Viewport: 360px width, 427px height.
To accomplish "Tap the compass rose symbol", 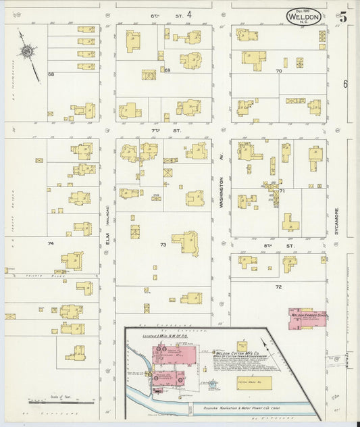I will pyautogui.click(x=27, y=50).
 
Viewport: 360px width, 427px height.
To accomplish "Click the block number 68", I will pyautogui.click(x=51, y=74).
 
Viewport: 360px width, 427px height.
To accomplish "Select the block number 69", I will pyautogui.click(x=168, y=70).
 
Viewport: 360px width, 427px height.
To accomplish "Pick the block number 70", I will pyautogui.click(x=278, y=70).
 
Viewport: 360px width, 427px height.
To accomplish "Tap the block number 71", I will pyautogui.click(x=282, y=191).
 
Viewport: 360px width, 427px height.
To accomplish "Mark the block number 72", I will pyautogui.click(x=278, y=287).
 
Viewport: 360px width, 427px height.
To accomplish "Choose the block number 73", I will pyautogui.click(x=163, y=244).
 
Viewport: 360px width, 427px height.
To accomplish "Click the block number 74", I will pyautogui.click(x=51, y=243).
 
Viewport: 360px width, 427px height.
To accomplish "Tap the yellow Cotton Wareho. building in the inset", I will pyautogui.click(x=254, y=382).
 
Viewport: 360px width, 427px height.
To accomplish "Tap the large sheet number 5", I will pyautogui.click(x=344, y=17).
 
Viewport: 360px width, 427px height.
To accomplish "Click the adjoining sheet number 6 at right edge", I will pyautogui.click(x=344, y=84).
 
